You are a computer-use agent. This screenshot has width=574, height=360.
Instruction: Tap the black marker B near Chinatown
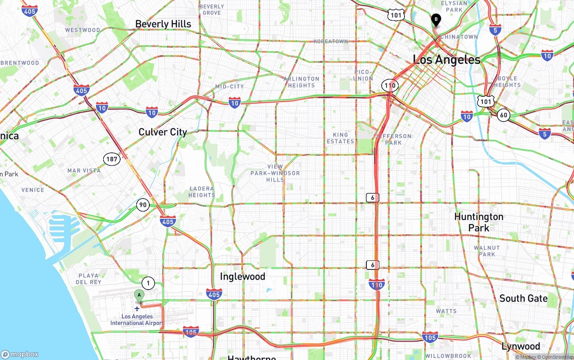point(435,20)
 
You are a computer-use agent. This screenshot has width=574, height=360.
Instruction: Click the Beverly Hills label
point(163,24)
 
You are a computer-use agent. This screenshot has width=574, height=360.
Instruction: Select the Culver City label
point(162,132)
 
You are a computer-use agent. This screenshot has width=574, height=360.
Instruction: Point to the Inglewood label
point(243,277)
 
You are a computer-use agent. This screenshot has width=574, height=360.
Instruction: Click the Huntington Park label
point(479,222)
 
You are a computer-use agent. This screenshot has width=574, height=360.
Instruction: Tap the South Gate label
point(523,299)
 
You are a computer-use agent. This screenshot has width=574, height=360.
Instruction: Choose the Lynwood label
point(521,346)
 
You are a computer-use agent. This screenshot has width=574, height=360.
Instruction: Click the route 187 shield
point(112,159)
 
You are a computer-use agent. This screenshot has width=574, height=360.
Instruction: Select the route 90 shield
point(143,205)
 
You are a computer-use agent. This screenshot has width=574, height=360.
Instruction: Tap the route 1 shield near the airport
point(148,283)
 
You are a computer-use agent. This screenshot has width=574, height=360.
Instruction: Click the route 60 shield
point(504,115)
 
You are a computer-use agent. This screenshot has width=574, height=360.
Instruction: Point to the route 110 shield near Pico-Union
point(390,85)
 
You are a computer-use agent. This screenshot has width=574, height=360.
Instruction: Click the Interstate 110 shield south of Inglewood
point(377,284)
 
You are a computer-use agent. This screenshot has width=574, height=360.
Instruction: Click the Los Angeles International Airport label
point(137,320)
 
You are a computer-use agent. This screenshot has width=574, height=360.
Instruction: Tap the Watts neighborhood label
point(446,311)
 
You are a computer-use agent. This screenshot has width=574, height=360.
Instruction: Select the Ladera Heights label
point(202,192)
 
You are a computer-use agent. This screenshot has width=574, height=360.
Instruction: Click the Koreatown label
point(330,41)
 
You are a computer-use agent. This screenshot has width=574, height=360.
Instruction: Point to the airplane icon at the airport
point(137,308)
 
